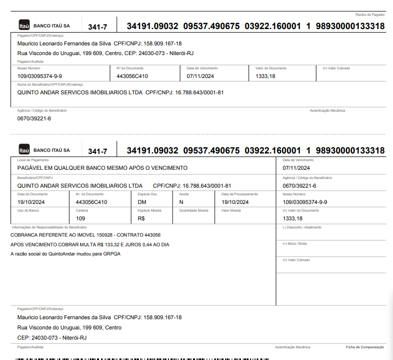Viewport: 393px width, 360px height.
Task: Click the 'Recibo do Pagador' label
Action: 370,15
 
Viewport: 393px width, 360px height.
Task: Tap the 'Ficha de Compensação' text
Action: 365,347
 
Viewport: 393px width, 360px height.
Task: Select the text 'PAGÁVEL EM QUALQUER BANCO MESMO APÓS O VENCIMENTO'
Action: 102,168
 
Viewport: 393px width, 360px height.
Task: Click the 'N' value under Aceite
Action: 181,202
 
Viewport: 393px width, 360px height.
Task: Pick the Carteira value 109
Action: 80,218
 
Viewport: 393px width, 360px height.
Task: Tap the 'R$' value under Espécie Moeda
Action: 141,218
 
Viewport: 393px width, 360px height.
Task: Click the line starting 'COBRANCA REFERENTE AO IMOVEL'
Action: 85,235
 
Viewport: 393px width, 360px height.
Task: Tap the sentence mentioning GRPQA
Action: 65,254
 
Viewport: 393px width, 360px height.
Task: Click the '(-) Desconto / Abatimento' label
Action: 302,227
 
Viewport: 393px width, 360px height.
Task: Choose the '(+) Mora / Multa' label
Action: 294,243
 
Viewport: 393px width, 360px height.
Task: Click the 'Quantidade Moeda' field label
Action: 193,210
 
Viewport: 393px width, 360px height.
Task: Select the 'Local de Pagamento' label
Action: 30,160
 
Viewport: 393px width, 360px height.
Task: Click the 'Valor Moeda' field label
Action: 231,210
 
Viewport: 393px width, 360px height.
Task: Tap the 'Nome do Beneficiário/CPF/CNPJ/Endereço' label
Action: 50,85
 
